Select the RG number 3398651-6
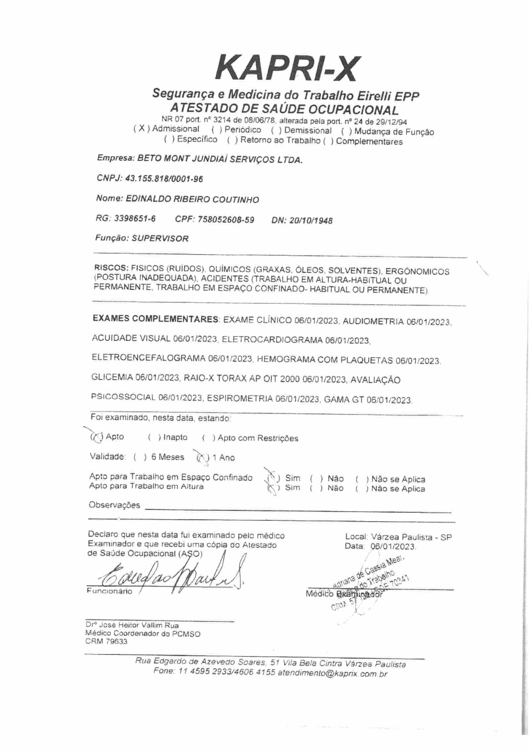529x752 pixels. tap(135, 218)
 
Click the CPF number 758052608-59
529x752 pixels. tap(225, 219)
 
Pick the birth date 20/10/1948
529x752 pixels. tap(311, 220)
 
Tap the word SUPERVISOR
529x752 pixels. tap(160, 238)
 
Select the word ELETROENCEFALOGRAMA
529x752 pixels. tap(148, 358)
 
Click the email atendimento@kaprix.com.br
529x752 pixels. tap(332, 673)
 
